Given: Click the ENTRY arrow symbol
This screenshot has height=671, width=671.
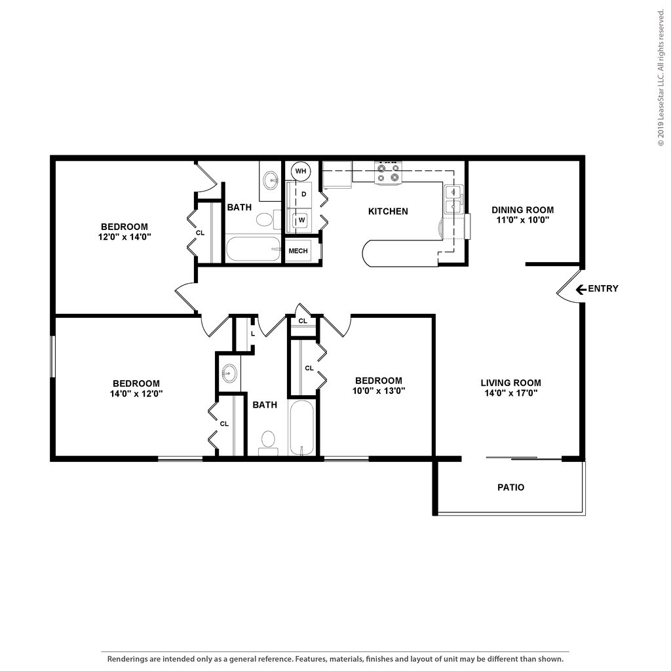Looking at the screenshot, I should click(x=581, y=289).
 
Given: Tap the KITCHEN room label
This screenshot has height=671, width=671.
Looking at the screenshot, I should click(x=388, y=211).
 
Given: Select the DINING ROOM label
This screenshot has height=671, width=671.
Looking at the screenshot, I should click(x=522, y=210).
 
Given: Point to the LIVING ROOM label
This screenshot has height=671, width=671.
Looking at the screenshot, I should click(x=510, y=383).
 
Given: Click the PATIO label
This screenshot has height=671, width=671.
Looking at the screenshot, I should click(x=510, y=488).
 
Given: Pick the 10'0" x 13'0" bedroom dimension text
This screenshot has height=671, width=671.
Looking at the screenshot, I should click(x=378, y=391).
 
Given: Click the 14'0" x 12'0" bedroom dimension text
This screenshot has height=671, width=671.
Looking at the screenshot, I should click(x=136, y=394).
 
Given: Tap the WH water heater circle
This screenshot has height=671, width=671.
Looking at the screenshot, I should click(x=301, y=171).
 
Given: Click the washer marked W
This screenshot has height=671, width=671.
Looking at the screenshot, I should click(x=301, y=220).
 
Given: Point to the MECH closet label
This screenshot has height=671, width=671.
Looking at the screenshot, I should click(x=298, y=251).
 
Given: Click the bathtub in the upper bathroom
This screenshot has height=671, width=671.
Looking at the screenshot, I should click(x=253, y=250).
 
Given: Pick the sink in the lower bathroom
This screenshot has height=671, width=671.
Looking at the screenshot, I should click(x=229, y=374).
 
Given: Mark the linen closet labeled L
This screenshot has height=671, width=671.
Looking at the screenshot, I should click(x=252, y=333).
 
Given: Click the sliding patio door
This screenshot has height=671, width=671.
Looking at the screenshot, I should click(x=524, y=458).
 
